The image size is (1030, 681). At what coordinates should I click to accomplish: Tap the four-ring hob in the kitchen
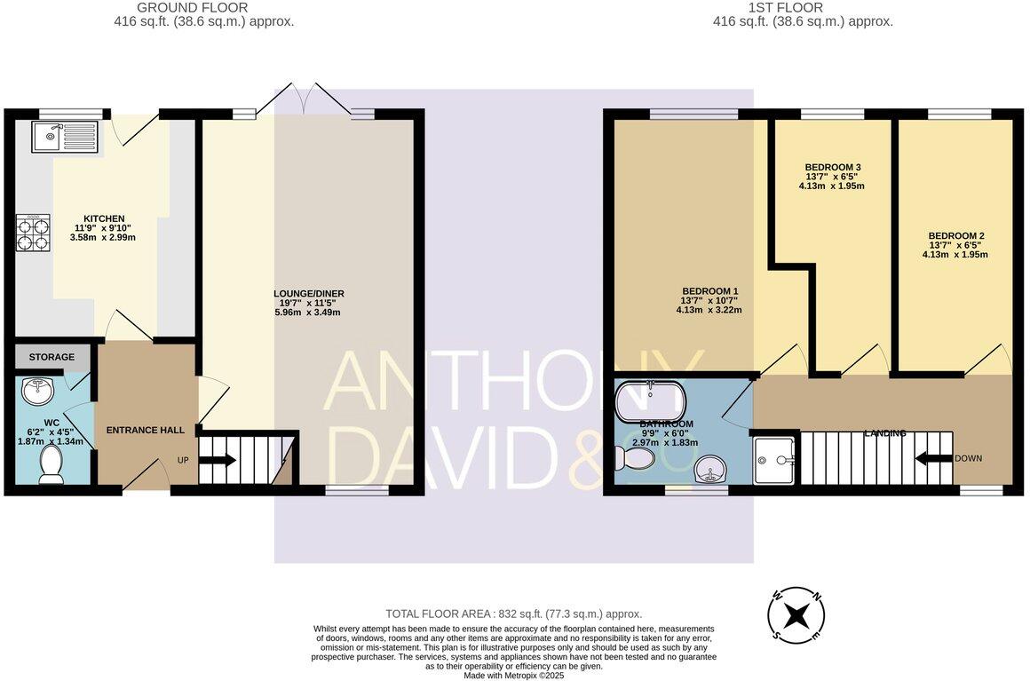tap(33, 234)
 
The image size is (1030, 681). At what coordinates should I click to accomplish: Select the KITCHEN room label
tap(104, 218)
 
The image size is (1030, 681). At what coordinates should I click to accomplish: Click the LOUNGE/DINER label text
tap(308, 293)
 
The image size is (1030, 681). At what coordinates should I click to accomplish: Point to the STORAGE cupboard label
tap(51, 357)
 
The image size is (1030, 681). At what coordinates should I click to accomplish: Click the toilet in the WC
tap(51, 464)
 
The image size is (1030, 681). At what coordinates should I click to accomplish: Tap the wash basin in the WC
tap(40, 389)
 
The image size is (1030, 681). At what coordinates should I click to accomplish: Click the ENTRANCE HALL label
tap(146, 430)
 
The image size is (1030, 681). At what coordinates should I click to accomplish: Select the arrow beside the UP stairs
tap(218, 460)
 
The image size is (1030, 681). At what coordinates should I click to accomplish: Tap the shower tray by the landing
tap(774, 461)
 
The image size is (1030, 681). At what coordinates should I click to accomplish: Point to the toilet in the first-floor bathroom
tap(634, 458)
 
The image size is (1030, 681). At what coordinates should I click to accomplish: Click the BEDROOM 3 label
tap(832, 167)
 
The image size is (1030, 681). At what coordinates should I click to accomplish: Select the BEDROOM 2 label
tap(955, 236)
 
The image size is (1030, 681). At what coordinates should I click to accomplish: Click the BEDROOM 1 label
tap(709, 291)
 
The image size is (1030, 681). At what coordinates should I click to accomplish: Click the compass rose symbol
tap(796, 615)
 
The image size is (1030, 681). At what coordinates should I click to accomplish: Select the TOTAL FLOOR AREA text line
tap(513, 614)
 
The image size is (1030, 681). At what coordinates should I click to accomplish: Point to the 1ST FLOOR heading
tap(803, 7)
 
